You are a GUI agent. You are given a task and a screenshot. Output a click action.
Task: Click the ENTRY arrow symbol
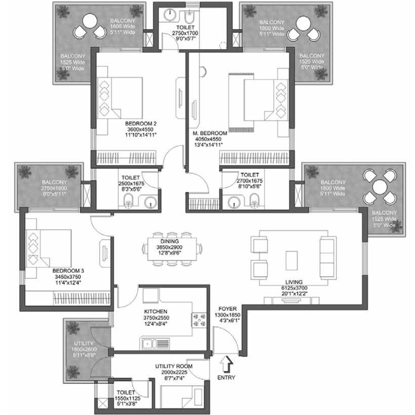(x=225, y=366)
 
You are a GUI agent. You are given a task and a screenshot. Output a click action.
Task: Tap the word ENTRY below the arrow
(x=226, y=378)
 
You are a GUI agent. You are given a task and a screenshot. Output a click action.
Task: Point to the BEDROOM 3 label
(x=68, y=271)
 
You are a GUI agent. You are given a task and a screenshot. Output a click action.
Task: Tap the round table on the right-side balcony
(x=380, y=188)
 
